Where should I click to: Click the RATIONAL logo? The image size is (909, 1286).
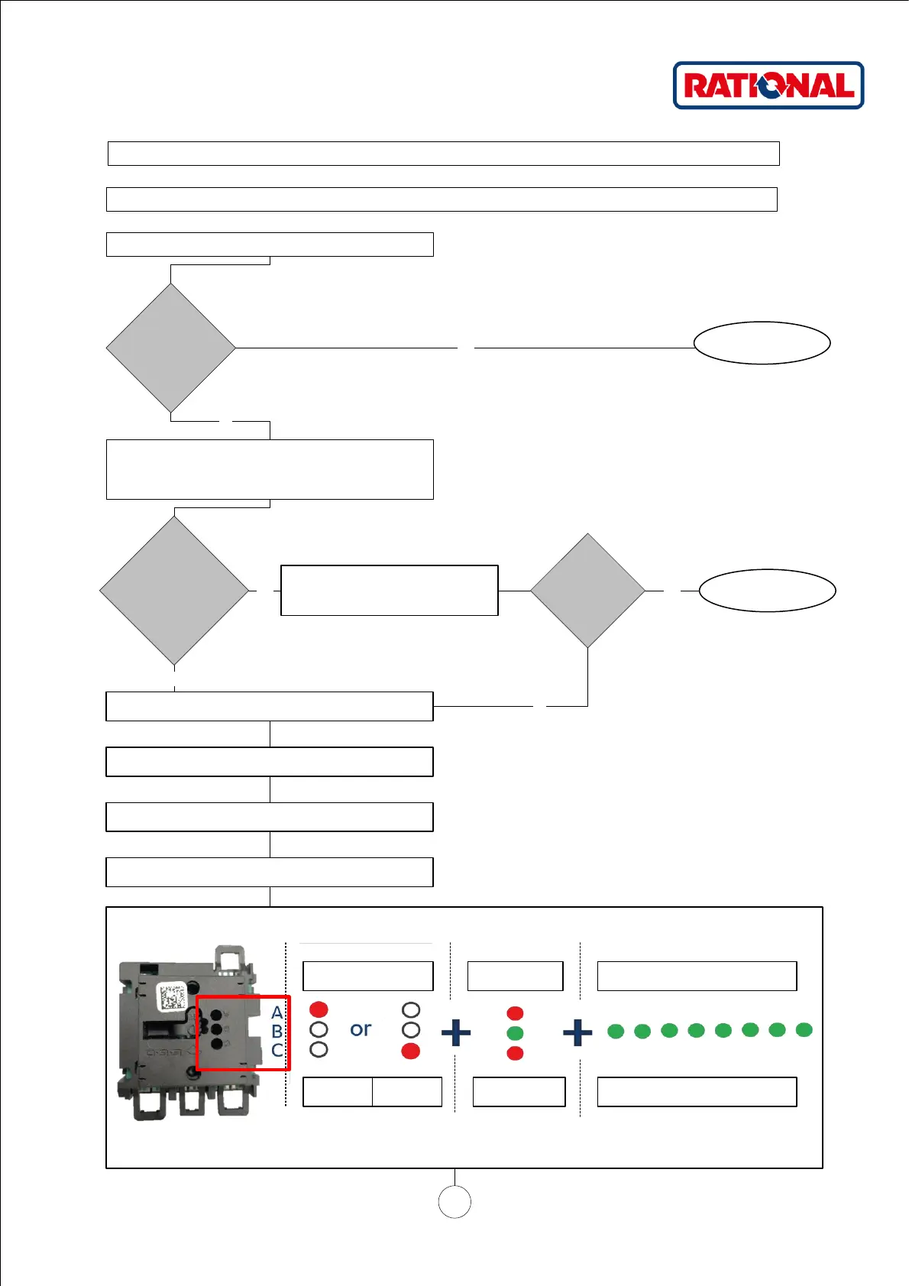[768, 86]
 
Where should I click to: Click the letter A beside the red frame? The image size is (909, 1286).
[277, 1012]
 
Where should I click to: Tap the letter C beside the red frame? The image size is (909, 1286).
[277, 1051]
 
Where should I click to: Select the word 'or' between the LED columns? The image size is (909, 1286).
[361, 1029]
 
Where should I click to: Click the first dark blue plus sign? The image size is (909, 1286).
[456, 1033]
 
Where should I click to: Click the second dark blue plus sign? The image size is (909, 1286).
[577, 1033]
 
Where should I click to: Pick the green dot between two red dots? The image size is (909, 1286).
[515, 1033]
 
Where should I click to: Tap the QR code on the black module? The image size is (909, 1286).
[172, 997]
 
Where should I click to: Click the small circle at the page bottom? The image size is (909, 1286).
[454, 1202]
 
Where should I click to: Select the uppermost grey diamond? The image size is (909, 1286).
[170, 348]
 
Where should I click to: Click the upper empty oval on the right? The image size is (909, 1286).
[762, 343]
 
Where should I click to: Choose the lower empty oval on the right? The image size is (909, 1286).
[767, 591]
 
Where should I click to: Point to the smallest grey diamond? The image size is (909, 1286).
[587, 591]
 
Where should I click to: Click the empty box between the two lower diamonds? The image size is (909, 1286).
[390, 591]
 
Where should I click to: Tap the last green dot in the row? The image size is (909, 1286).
[804, 1030]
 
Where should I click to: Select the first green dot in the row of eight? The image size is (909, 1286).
[616, 1032]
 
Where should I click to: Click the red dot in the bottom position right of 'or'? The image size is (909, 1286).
[410, 1051]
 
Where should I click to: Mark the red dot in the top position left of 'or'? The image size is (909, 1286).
[319, 1009]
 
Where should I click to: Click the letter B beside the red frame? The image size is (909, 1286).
[277, 1032]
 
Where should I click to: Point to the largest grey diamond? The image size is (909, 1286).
[174, 591]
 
